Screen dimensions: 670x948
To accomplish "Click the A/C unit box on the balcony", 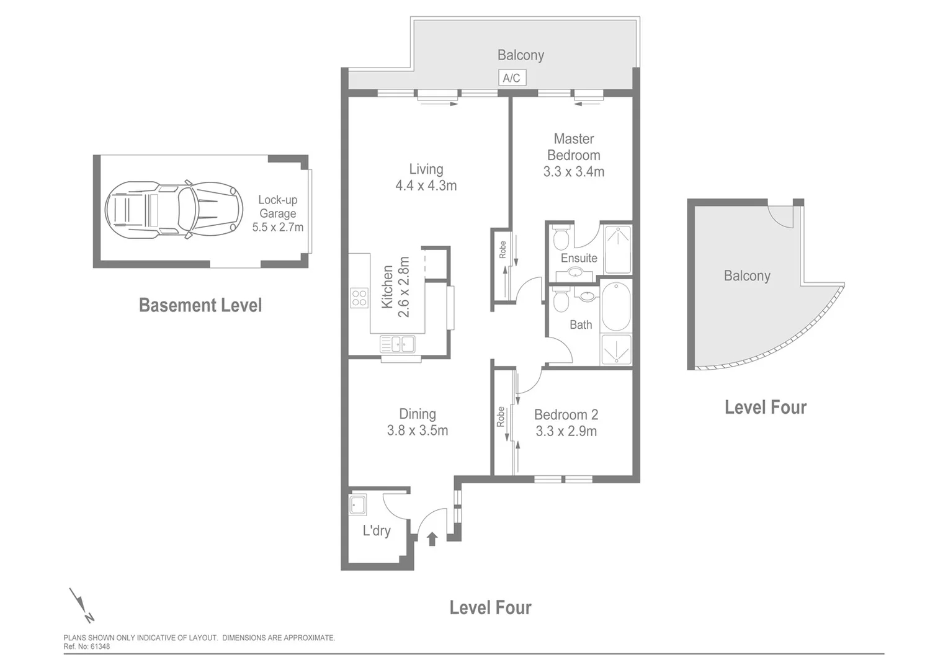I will point(512,78).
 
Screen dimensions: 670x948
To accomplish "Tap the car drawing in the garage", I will point(170,210).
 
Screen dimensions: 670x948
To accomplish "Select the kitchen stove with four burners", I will point(359,298).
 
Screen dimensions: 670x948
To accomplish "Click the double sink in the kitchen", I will point(398,344).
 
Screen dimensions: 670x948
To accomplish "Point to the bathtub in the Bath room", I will point(615,307).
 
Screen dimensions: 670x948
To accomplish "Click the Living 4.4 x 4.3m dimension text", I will point(426,185).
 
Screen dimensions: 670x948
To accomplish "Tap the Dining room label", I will point(418,414).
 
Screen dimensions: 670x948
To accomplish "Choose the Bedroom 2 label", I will point(566,414).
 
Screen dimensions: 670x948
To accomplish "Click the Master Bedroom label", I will point(574,147).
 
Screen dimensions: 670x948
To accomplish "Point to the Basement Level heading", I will point(200,305).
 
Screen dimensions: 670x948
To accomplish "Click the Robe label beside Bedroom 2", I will point(501,417).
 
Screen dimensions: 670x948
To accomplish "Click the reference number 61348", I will point(100,646).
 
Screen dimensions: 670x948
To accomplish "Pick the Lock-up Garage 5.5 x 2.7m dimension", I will point(278,227).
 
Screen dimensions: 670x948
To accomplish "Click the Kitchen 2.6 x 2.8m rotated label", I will point(395,287).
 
